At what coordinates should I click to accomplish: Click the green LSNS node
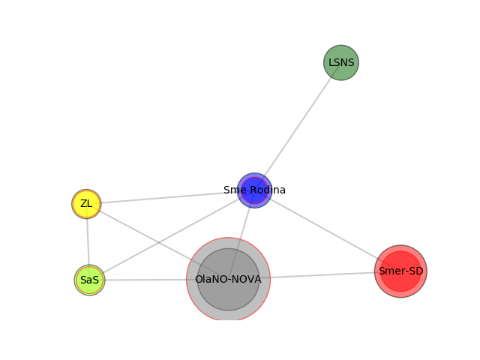pos(341,62)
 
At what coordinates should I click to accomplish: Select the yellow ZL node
pos(86,204)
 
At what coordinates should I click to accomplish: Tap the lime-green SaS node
pos(89,280)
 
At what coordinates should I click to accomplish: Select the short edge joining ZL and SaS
pos(88,241)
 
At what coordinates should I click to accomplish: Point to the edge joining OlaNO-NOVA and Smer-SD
pos(322,275)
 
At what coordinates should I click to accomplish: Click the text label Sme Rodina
pos(254,190)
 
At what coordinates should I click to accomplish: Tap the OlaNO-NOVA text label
pos(228,279)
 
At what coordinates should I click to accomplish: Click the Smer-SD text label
pos(400,271)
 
